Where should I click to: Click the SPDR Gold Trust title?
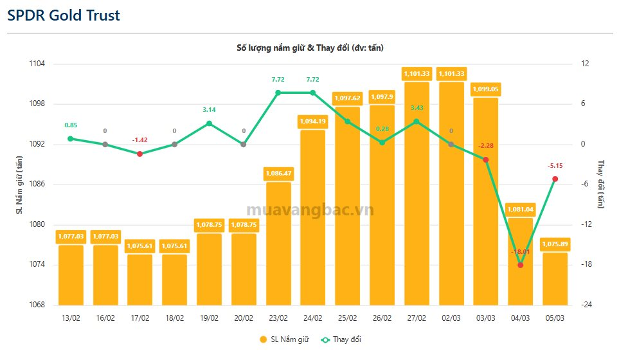coord(64,15)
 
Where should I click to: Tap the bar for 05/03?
coord(555,279)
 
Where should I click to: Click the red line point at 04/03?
coord(521,265)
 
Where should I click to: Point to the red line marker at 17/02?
coord(139,154)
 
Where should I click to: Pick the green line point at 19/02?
coord(209,123)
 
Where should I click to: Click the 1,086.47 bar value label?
coord(278,173)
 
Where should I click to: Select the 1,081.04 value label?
coord(521,209)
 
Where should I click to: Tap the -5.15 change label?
coord(555,166)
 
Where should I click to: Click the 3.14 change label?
coord(209,110)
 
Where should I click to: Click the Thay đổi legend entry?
coord(346,339)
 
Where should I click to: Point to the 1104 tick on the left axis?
coord(37,64)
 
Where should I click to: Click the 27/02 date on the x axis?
coord(417,318)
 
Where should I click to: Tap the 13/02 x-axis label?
coord(71,318)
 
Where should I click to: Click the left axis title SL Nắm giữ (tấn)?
coord(19,184)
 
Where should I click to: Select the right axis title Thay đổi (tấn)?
coord(601,184)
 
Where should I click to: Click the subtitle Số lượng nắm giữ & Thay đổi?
coord(310,48)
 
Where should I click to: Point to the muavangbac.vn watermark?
coord(310,210)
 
